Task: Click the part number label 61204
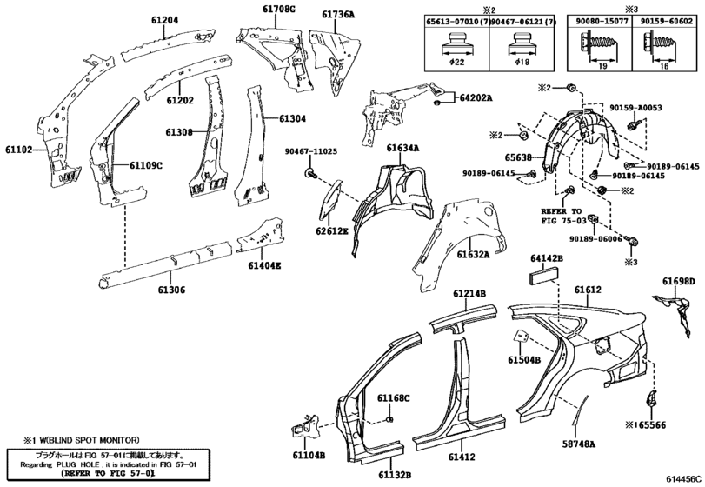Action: pos(164,20)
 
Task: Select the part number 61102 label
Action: pos(19,150)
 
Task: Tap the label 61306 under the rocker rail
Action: pos(171,290)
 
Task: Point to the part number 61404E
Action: pos(264,266)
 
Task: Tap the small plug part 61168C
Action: pos(390,419)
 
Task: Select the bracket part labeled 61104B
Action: pos(305,426)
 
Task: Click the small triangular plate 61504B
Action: pos(521,337)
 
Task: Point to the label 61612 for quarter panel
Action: pos(588,290)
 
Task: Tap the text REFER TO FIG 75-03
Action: pos(561,216)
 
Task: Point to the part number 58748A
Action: pos(579,444)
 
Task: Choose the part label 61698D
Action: pos(678,282)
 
